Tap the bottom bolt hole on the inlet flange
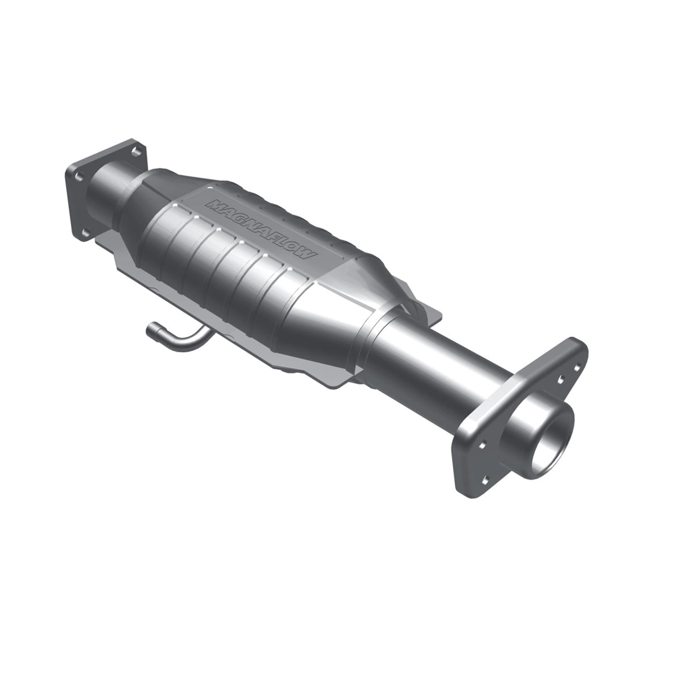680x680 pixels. (84, 234)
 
